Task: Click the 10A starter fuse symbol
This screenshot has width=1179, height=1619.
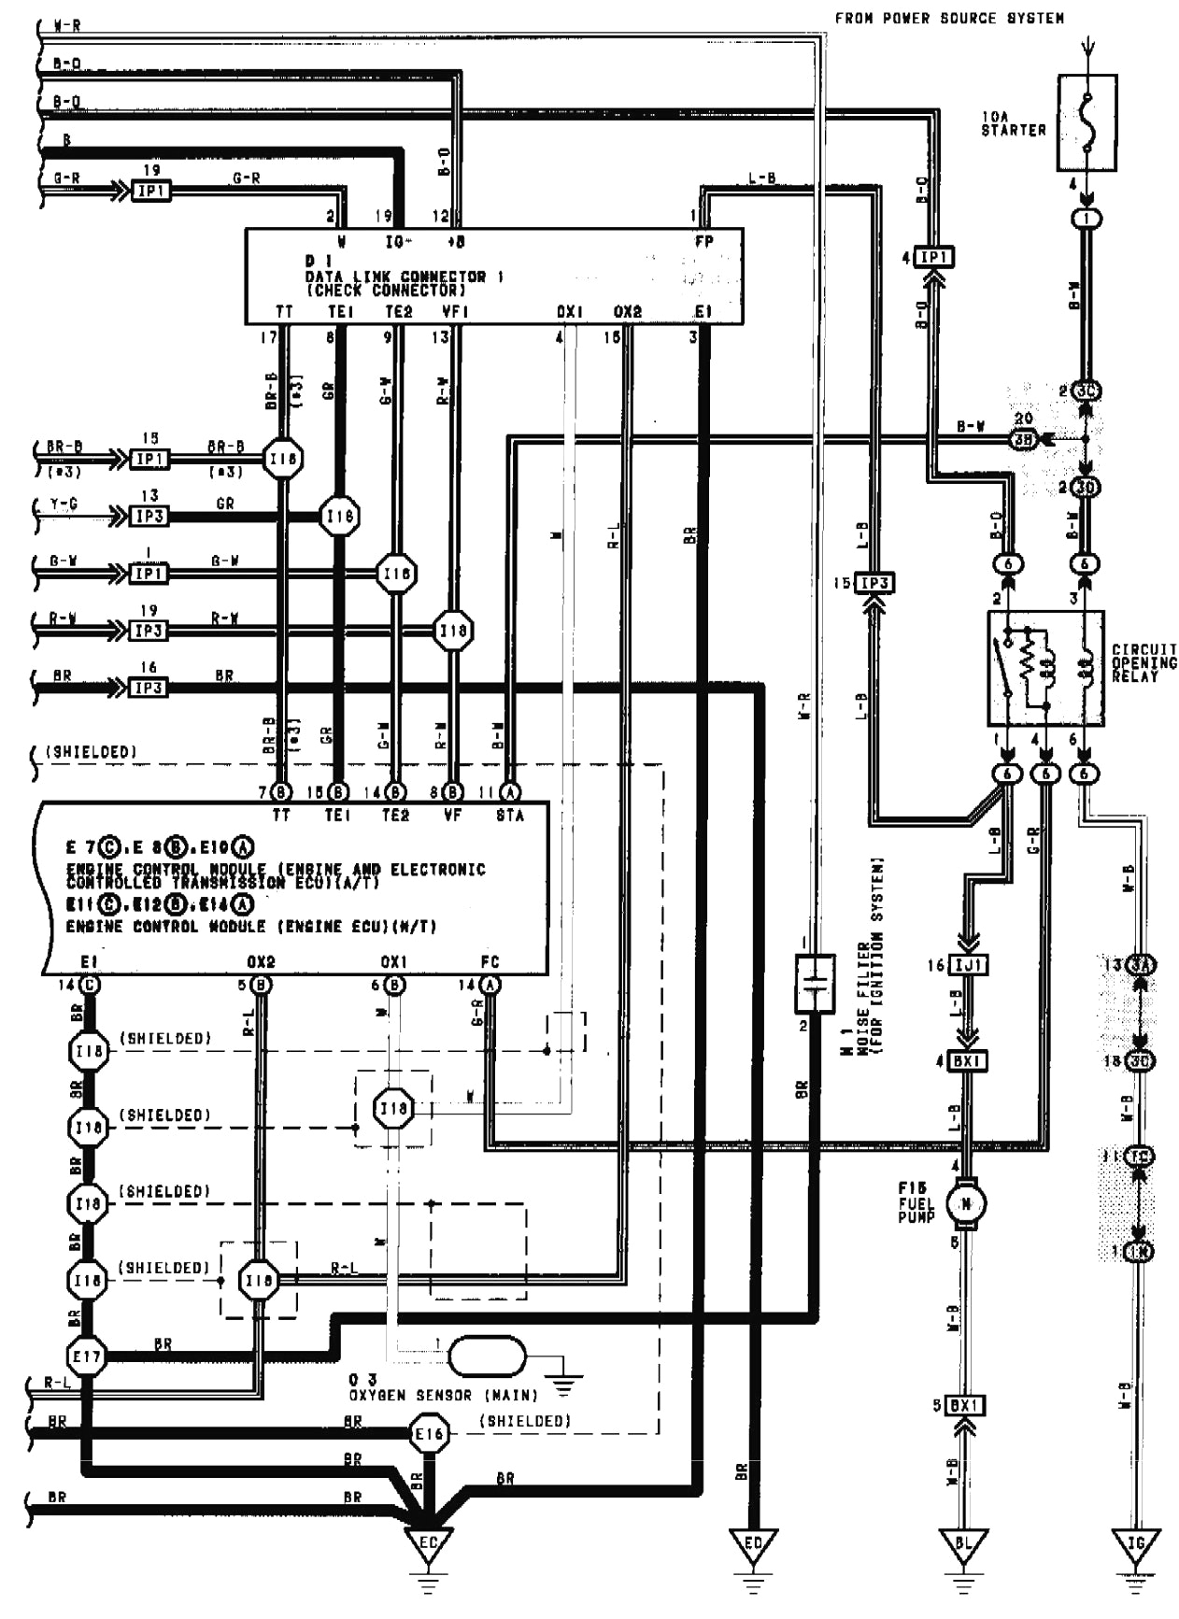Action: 1086,122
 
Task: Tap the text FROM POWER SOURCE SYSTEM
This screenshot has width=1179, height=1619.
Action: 948,18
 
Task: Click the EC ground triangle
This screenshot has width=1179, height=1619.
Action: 428,1542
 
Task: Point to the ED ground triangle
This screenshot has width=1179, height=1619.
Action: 753,1542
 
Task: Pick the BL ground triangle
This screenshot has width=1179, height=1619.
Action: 963,1542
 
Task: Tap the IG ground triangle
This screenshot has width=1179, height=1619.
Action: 1136,1542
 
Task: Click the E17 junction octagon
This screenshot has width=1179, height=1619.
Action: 87,1356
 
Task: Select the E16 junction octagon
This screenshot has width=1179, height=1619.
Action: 429,1434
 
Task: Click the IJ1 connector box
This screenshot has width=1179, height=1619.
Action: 968,964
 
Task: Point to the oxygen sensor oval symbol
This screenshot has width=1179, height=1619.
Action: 487,1356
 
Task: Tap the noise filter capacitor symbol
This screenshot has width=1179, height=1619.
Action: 815,984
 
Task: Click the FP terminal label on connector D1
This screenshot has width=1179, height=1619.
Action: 704,241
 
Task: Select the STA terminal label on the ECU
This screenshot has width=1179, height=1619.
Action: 510,815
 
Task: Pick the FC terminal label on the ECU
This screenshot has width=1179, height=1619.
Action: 490,961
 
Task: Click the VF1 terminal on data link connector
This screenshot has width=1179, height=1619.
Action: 454,311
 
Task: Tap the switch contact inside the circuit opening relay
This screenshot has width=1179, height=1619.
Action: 1007,667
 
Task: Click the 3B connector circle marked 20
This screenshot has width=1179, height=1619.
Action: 1025,438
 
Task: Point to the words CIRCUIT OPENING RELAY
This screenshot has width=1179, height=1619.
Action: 1143,662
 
